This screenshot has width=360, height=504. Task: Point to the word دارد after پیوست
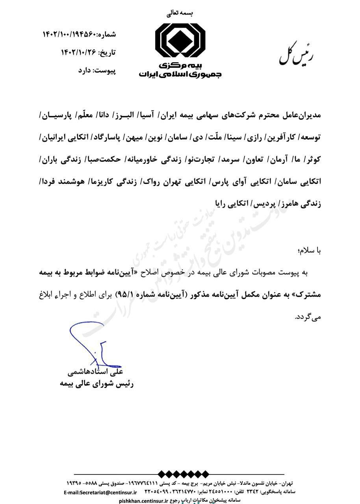[x=85, y=70]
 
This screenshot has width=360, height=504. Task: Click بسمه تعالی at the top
[x=180, y=13]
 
